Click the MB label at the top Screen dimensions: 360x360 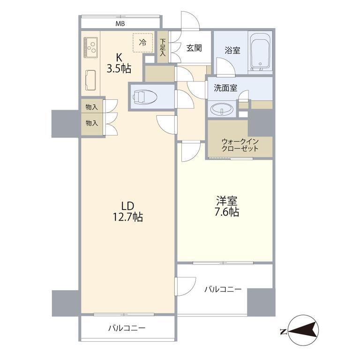(120, 23)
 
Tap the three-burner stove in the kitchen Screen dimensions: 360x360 (90, 47)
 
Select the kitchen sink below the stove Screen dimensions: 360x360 (90, 80)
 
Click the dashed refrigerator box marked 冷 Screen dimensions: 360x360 (142, 43)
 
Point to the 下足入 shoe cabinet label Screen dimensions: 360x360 (163, 47)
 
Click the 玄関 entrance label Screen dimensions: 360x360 (194, 48)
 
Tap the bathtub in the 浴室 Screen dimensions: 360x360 (260, 52)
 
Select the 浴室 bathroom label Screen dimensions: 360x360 (232, 50)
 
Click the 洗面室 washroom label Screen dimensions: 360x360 (225, 88)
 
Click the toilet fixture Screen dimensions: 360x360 (145, 97)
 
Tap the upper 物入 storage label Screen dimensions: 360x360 (91, 107)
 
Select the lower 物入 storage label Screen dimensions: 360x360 (92, 123)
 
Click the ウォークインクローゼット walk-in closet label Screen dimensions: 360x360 (240, 145)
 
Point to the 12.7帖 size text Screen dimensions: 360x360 (127, 217)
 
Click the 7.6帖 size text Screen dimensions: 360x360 (227, 212)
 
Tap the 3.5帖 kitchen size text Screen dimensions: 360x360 (119, 68)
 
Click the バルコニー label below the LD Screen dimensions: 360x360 (127, 328)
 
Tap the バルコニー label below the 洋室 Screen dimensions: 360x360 (223, 289)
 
